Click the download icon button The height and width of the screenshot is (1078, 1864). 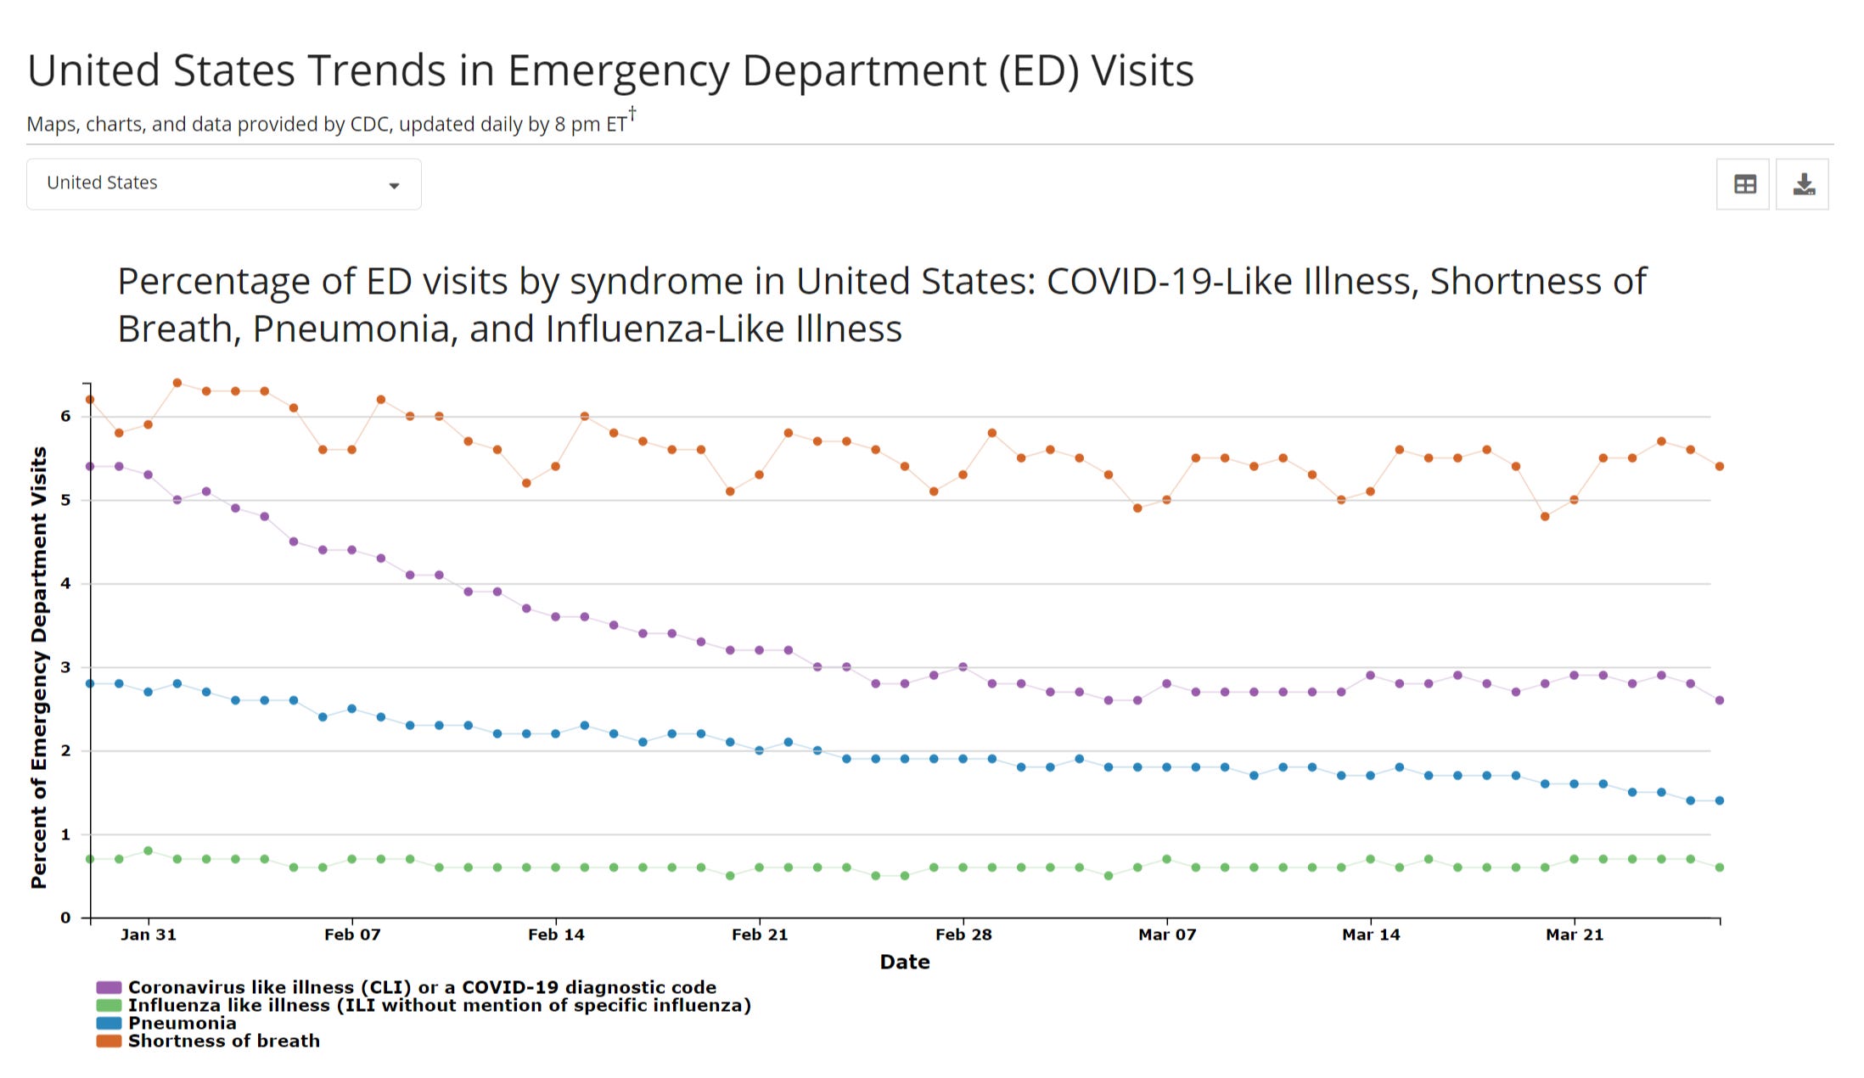pos(1802,184)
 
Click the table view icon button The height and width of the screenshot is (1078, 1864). pos(1743,184)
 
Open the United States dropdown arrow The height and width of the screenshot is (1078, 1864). pos(394,186)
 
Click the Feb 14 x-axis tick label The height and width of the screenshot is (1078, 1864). pos(556,935)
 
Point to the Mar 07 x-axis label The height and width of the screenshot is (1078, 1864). pos(1167,935)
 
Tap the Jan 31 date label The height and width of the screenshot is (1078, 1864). pos(149,935)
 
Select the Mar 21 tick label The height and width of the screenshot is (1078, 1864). pos(1575,935)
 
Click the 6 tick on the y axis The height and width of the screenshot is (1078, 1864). pos(65,416)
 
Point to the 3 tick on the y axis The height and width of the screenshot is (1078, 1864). pos(65,667)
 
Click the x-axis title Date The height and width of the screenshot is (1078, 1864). pos(905,962)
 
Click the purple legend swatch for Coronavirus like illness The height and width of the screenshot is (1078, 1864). pos(109,987)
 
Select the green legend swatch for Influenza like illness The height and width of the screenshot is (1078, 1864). pos(109,1005)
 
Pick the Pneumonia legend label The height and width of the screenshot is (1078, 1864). pos(182,1023)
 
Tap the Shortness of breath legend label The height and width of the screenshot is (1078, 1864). pos(224,1041)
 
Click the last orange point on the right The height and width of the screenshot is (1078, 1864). pos(1720,466)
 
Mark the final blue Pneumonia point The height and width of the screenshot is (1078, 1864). pos(1720,800)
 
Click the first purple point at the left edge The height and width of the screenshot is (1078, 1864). pos(90,466)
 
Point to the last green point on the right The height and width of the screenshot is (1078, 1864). pos(1720,867)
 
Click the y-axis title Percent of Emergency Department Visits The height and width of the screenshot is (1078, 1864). pos(39,667)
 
